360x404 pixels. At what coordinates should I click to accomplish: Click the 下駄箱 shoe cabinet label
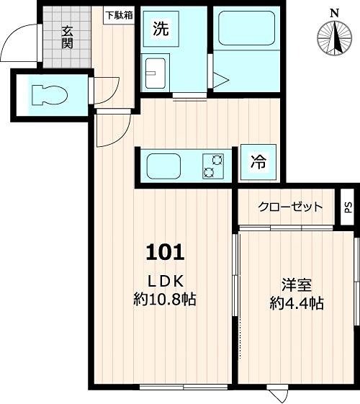pos(119,14)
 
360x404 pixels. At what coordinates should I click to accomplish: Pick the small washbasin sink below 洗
pos(156,71)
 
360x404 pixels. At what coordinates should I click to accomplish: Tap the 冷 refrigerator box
pos(256,163)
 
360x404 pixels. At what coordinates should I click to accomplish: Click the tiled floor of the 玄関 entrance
pos(66,54)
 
